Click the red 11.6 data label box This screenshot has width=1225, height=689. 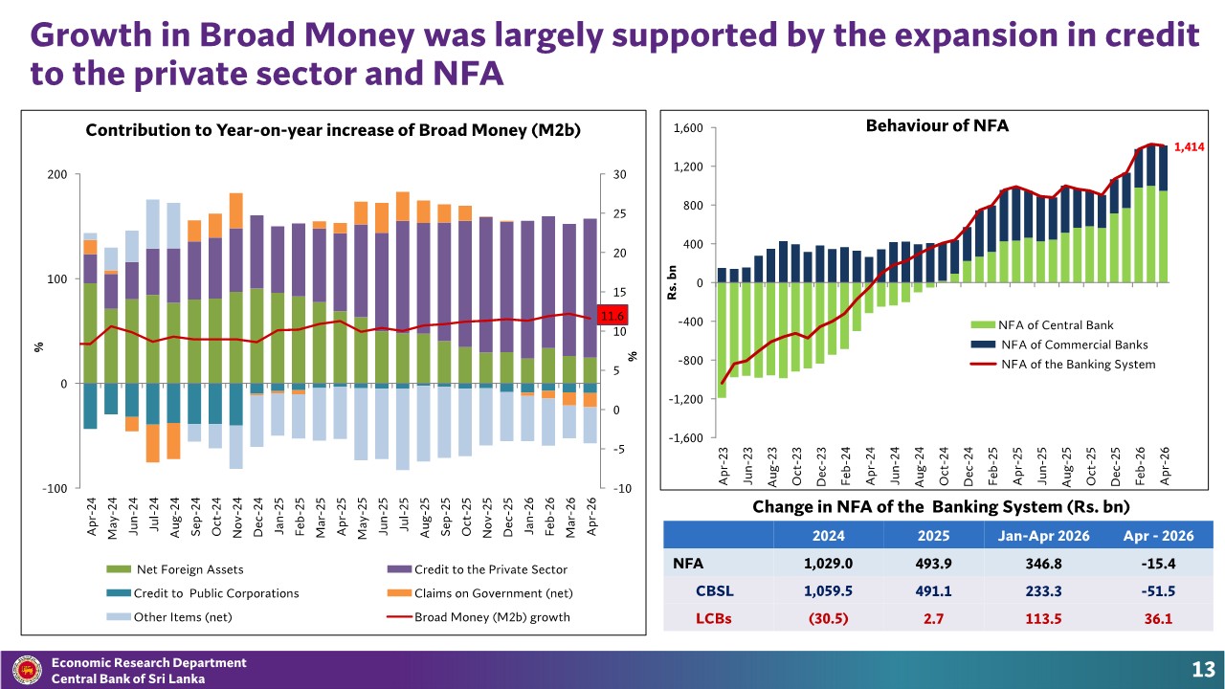pyautogui.click(x=612, y=316)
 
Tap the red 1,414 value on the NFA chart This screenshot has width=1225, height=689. pyautogui.click(x=1189, y=147)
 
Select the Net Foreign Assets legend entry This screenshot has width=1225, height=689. pyautogui.click(x=175, y=569)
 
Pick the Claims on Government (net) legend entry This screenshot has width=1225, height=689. pyautogui.click(x=479, y=593)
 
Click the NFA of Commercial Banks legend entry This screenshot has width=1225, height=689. pyautogui.click(x=1059, y=344)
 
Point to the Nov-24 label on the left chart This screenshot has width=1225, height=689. pyautogui.click(x=237, y=518)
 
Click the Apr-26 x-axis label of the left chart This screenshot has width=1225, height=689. pyautogui.click(x=591, y=517)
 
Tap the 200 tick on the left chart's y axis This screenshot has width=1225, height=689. pyautogui.click(x=57, y=174)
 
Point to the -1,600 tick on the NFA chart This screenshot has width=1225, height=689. pyautogui.click(x=685, y=438)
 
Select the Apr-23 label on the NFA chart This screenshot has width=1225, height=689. pyautogui.click(x=724, y=466)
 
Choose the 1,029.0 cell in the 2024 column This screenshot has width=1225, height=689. pyautogui.click(x=828, y=564)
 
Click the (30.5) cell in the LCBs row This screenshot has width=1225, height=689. pyautogui.click(x=828, y=618)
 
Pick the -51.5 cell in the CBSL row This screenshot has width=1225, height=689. pyautogui.click(x=1158, y=591)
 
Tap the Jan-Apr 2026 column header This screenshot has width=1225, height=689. pyautogui.click(x=1043, y=535)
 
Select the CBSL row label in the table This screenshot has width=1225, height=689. pyautogui.click(x=715, y=591)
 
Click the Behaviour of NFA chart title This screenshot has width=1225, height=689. pyautogui.click(x=937, y=125)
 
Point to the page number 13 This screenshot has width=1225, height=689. pyautogui.click(x=1203, y=669)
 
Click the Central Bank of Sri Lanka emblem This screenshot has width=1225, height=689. pyautogui.click(x=27, y=670)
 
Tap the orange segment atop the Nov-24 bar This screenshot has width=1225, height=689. pyautogui.click(x=236, y=211)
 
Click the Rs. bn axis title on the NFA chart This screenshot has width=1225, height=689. pyautogui.click(x=673, y=282)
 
